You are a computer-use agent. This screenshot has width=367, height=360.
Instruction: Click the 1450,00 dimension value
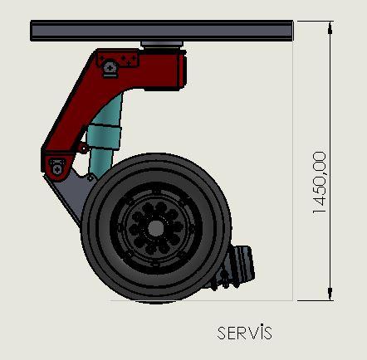point(320,182)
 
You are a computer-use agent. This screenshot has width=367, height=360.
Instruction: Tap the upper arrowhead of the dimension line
point(330,27)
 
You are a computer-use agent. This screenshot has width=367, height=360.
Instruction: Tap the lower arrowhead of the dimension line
point(330,294)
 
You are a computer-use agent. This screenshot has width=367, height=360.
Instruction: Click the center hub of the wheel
point(156,228)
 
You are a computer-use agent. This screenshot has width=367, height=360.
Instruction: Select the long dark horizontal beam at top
point(162,31)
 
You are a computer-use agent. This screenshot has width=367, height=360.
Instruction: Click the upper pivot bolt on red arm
point(110,67)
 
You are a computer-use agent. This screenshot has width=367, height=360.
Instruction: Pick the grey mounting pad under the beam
point(162,44)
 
